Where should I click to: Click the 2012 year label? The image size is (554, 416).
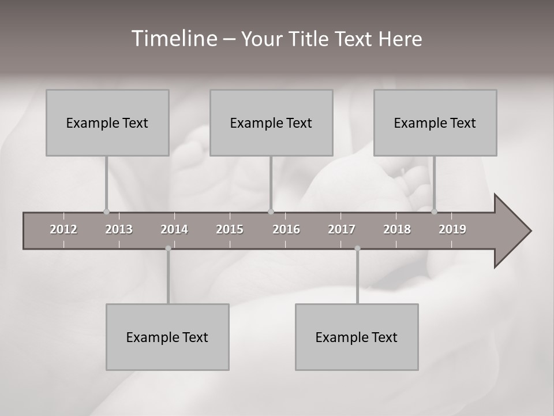(x=63, y=229)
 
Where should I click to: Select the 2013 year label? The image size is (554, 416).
(x=119, y=229)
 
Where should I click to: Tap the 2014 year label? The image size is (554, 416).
(x=174, y=229)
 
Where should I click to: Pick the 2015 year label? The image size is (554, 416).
(x=230, y=229)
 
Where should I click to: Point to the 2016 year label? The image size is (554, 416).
(x=286, y=229)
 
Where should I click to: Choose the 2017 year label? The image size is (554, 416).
(x=342, y=229)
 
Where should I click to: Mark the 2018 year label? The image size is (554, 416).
(x=397, y=229)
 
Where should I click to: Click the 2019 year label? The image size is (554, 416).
(x=452, y=229)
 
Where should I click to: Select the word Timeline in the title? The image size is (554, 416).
(x=173, y=39)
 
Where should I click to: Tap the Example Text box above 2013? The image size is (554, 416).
(x=107, y=122)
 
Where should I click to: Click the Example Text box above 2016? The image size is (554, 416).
(x=271, y=122)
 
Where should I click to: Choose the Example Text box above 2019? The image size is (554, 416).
(x=435, y=122)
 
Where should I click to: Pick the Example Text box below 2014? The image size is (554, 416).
(x=167, y=337)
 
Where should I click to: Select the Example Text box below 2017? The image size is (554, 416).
(x=357, y=337)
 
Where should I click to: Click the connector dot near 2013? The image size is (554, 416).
(x=106, y=211)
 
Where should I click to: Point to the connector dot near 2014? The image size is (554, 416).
(x=168, y=248)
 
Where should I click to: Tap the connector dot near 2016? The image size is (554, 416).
(x=271, y=211)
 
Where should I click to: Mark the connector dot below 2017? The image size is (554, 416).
(x=357, y=248)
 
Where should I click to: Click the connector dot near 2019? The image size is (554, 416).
(x=435, y=211)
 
